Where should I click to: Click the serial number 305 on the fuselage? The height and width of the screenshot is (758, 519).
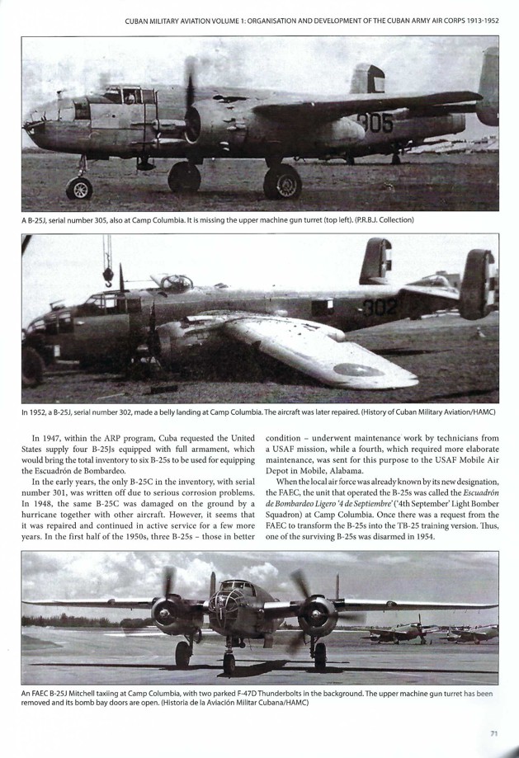(x=375, y=125)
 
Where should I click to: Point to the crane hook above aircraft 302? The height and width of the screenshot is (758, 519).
(x=108, y=275)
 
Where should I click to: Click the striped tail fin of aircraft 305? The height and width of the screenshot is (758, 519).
(x=367, y=78)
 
